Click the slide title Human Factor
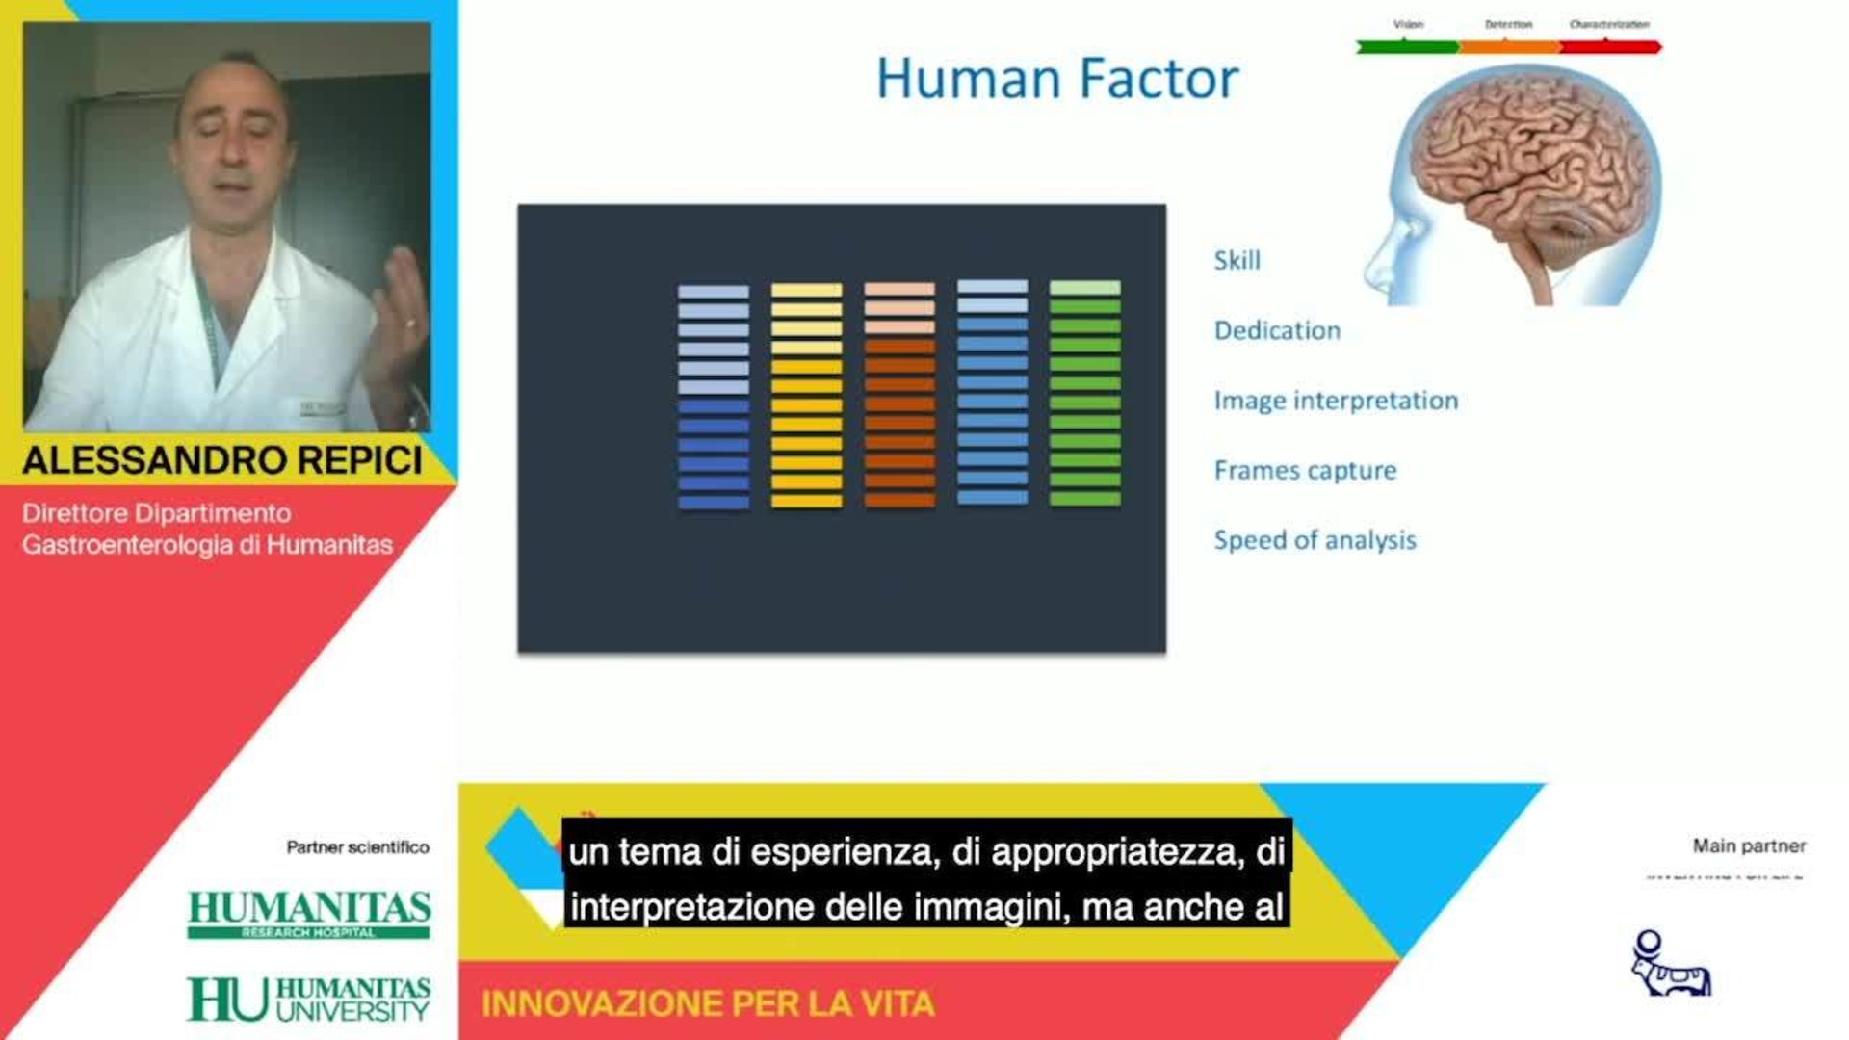pyautogui.click(x=1056, y=79)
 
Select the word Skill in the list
pyautogui.click(x=1237, y=260)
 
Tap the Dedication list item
pyautogui.click(x=1277, y=330)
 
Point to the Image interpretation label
pyautogui.click(x=1336, y=401)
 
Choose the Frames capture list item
pyautogui.click(x=1305, y=471)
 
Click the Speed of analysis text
pyautogui.click(x=1315, y=540)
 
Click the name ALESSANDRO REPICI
pyautogui.click(x=222, y=460)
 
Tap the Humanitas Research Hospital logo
pyautogui.click(x=308, y=914)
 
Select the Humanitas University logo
pyautogui.click(x=308, y=1000)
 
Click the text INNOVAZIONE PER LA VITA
pyautogui.click(x=708, y=1004)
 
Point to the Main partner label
pyautogui.click(x=1749, y=846)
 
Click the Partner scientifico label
pyautogui.click(x=357, y=847)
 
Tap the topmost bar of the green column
pyautogui.click(x=1084, y=287)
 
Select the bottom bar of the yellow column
pyautogui.click(x=806, y=501)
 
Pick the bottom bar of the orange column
pyautogui.click(x=899, y=501)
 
